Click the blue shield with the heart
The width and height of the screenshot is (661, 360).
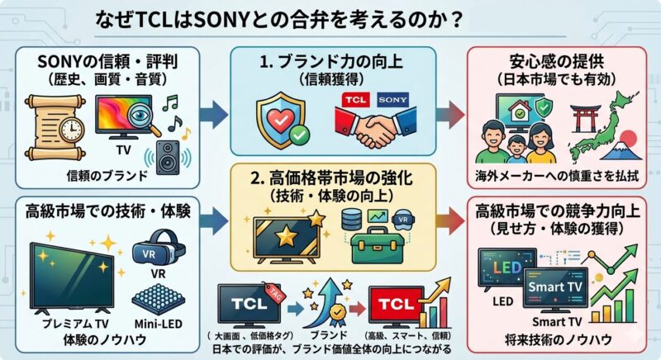click(x=280, y=118)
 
